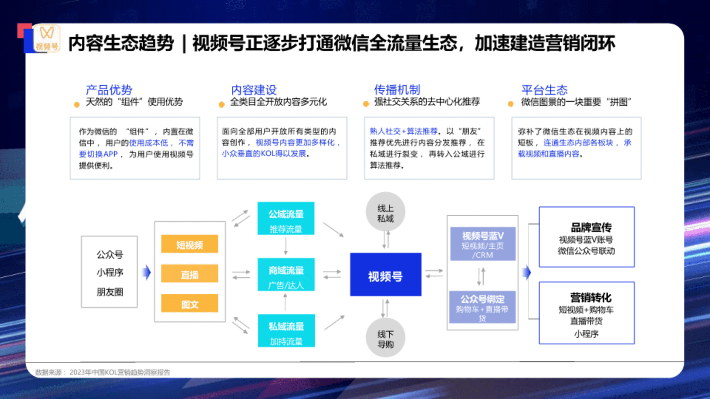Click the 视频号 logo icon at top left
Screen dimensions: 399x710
click(x=47, y=38)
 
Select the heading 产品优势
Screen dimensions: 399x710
click(x=109, y=90)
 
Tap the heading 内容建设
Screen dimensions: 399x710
click(x=254, y=90)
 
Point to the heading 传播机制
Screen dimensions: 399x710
click(x=397, y=89)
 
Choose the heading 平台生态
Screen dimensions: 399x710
click(x=544, y=90)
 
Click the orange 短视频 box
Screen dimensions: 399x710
click(x=189, y=244)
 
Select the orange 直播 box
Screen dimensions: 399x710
click(x=189, y=274)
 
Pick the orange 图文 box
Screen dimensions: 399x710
click(x=189, y=304)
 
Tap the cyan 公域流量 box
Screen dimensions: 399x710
click(x=286, y=218)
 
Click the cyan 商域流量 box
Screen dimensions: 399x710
click(x=286, y=274)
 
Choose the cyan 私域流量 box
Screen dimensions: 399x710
click(x=286, y=331)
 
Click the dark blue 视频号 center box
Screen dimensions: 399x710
click(x=385, y=275)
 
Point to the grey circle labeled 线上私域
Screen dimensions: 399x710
click(x=385, y=212)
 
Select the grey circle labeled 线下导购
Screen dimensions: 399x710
click(x=385, y=338)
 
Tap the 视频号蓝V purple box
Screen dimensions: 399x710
click(x=483, y=244)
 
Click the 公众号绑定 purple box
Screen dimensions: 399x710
click(x=482, y=307)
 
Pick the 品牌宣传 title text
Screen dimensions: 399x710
click(x=591, y=227)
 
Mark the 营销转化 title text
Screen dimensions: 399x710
click(x=591, y=297)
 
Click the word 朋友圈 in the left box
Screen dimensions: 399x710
click(x=110, y=292)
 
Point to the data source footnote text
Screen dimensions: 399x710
click(x=103, y=372)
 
